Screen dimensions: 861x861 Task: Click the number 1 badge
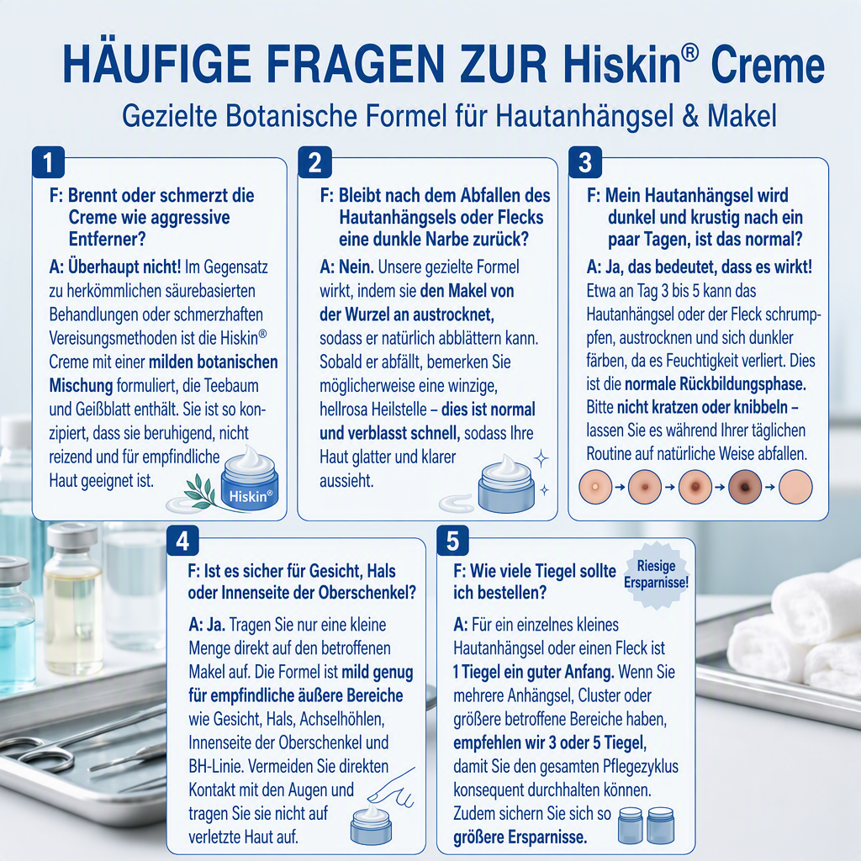tap(48, 162)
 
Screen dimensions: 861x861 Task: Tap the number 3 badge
tap(585, 162)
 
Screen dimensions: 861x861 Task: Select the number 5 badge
tap(452, 541)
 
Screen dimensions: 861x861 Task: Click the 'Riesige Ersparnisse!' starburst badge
tap(656, 575)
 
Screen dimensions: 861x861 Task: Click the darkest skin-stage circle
tap(745, 487)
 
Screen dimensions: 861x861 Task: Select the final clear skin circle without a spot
tap(795, 487)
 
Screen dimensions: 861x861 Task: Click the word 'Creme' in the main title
tap(768, 65)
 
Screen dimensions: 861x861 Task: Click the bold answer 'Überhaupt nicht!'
tap(124, 267)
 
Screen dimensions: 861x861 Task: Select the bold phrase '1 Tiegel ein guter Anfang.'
tap(534, 672)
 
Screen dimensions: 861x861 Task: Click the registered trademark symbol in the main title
tap(691, 53)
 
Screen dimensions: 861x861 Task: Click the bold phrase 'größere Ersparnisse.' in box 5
tap(520, 837)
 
